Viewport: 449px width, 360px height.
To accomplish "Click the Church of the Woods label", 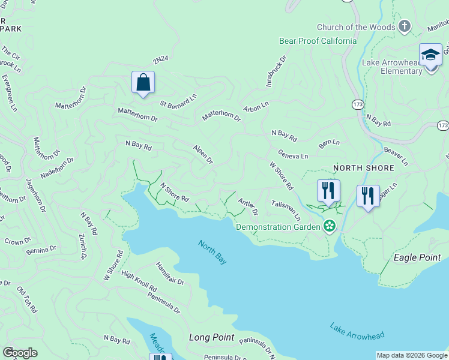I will (x=357, y=27).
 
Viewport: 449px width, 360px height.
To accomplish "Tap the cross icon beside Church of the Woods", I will (x=405, y=26).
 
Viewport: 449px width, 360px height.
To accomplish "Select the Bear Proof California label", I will (x=318, y=41).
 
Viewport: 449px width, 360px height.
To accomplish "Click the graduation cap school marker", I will (x=430, y=55).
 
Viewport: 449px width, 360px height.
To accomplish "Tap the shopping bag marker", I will (x=143, y=82).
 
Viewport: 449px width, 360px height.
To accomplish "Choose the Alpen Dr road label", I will (x=203, y=154).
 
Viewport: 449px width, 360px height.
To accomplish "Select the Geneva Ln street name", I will (x=293, y=154).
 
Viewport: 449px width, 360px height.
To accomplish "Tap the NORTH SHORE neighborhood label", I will (x=364, y=168).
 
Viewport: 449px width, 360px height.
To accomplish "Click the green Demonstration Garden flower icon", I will (x=329, y=226).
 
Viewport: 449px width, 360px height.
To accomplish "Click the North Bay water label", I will (x=213, y=251).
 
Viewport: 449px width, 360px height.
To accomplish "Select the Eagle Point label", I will (x=417, y=257).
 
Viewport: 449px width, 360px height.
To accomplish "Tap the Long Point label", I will (x=211, y=337).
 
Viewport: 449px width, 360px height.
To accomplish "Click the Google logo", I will (x=20, y=353).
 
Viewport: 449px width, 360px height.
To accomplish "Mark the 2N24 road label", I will (x=160, y=60).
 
